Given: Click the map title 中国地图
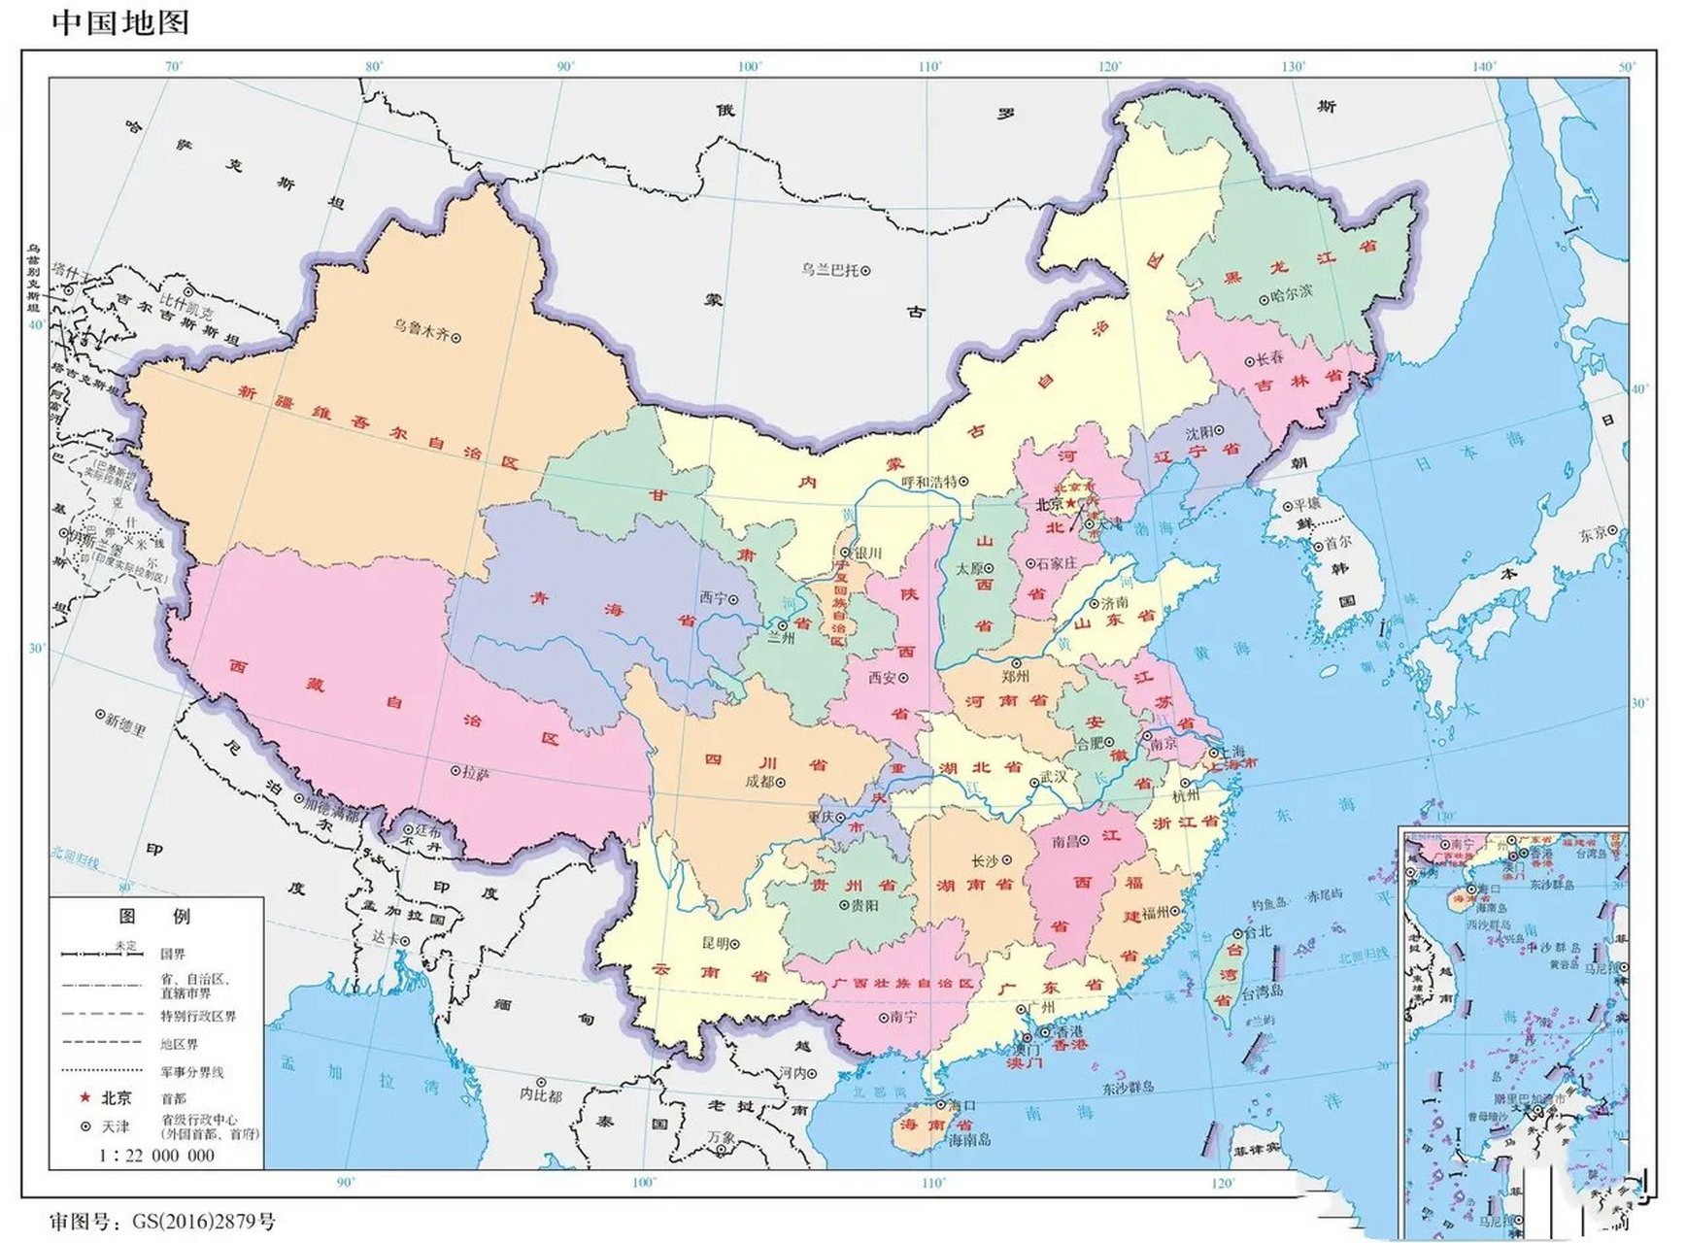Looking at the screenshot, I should (x=119, y=21).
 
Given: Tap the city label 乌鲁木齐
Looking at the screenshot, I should (x=421, y=327).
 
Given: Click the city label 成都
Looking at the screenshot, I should (x=759, y=781).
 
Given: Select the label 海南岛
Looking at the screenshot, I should (x=969, y=1140).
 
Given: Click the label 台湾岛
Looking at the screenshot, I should (x=1262, y=991).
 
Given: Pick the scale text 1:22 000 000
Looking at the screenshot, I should (x=155, y=1156).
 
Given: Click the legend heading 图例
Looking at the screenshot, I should (x=155, y=916).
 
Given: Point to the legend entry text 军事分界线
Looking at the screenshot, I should (x=192, y=1072).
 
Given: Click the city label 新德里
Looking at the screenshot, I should (x=124, y=723).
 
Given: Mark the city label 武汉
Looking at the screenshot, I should (x=1053, y=777).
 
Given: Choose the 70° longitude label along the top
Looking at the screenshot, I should (x=174, y=67).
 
